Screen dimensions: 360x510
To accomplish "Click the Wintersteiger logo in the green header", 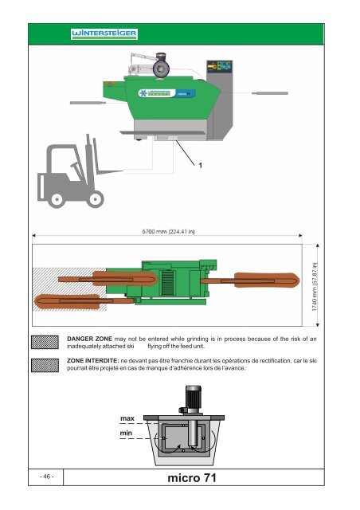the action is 104,33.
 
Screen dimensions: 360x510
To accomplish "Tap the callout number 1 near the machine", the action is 201,165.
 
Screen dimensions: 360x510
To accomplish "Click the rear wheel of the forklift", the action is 57,199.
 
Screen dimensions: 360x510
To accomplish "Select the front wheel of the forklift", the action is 96,198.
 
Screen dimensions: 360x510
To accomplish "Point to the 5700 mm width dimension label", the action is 168,232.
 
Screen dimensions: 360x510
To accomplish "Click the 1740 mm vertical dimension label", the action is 314,287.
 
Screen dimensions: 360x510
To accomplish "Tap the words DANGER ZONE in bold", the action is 89,339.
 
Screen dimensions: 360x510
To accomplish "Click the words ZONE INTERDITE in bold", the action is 92,360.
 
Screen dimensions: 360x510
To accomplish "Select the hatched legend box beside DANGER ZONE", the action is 45,342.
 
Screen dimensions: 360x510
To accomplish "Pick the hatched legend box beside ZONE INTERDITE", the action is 45,365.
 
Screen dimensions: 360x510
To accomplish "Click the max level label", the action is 127,418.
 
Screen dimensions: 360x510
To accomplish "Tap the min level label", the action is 126,433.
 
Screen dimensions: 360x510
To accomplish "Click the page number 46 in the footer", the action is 46,477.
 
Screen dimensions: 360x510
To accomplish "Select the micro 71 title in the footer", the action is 192,477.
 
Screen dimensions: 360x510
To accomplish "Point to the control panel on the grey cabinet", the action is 220,66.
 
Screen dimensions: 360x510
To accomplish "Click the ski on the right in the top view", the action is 250,280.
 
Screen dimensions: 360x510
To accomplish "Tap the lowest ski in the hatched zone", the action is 84,301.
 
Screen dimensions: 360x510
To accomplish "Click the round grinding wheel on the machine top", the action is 162,69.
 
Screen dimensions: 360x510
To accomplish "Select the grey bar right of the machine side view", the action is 270,93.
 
